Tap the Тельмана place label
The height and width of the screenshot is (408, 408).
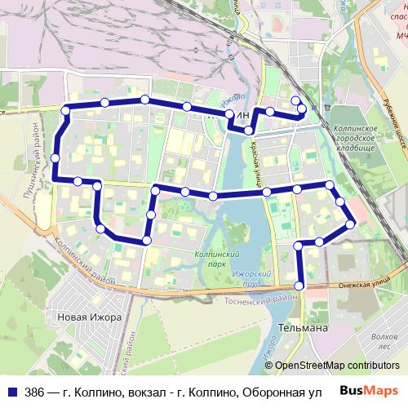click(304, 328)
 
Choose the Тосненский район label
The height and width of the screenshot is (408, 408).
click(252, 299)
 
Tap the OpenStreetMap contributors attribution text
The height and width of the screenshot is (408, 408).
click(337, 366)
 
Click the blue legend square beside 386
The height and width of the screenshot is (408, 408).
click(13, 392)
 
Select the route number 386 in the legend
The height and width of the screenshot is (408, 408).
click(35, 392)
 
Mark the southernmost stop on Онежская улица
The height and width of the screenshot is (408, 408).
click(299, 286)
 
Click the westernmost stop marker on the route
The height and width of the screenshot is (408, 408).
click(55, 157)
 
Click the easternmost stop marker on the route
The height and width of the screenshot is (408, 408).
click(351, 224)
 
